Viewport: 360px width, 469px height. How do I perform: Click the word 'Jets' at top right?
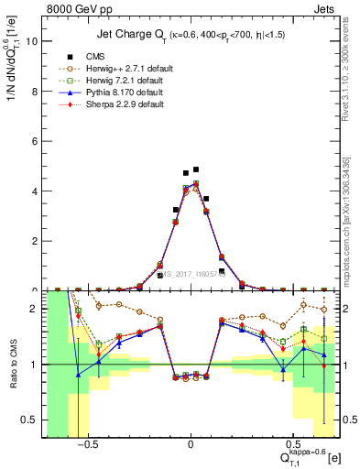pyautogui.click(x=327, y=8)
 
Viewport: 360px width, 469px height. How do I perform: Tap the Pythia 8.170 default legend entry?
pyautogui.click(x=93, y=93)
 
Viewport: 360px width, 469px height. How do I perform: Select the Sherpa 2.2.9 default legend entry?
pyautogui.click(x=93, y=104)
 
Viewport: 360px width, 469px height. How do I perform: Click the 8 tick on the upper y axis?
pyautogui.click(x=34, y=91)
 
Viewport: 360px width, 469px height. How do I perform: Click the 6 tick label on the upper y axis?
pyautogui.click(x=34, y=141)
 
